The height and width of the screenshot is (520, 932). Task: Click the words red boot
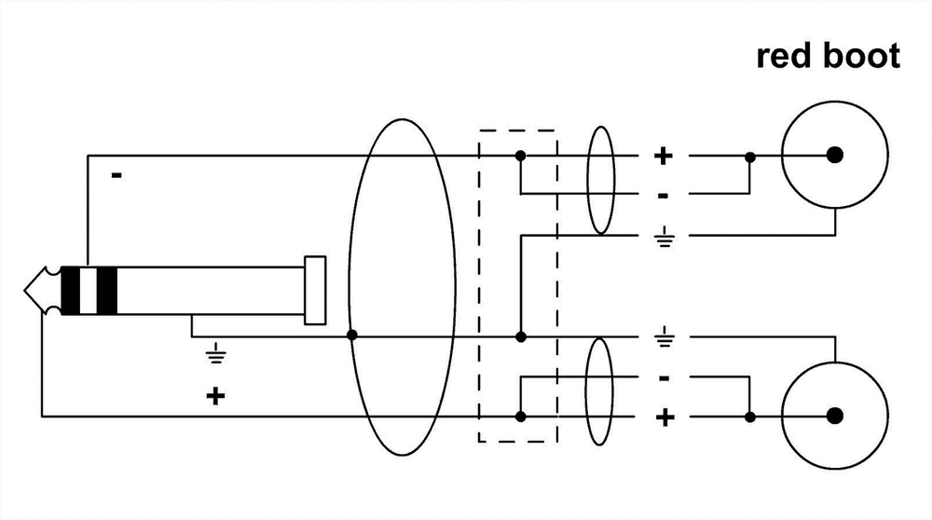828,56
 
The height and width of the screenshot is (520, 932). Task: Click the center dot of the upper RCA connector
834,155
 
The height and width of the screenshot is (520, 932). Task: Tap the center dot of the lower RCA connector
834,415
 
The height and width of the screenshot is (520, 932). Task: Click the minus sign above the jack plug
116,174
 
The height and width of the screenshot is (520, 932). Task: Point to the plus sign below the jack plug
215,397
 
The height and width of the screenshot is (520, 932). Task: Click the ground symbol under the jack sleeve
215,352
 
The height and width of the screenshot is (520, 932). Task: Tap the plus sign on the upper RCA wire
663,156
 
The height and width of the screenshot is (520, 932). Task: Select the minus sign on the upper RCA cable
663,196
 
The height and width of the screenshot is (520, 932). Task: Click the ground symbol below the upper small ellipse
664,239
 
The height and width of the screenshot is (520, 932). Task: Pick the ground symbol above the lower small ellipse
664,335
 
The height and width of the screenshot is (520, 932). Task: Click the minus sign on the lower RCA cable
664,378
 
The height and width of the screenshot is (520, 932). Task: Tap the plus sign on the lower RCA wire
665,416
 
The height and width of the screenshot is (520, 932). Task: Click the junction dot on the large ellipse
351,335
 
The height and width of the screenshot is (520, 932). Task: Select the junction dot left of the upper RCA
749,155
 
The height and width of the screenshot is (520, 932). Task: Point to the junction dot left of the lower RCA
749,415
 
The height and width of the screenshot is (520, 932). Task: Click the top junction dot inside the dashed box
520,155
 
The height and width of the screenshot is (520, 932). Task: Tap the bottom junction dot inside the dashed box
520,415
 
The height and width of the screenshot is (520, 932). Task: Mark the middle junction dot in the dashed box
520,335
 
